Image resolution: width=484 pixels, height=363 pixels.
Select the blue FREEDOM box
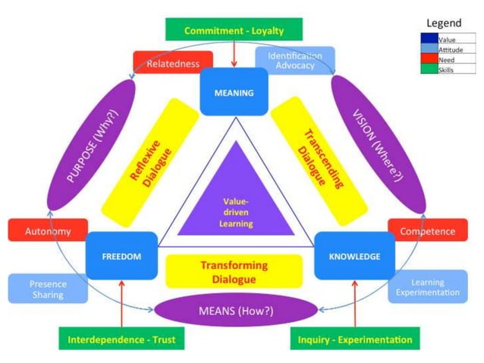[121, 256]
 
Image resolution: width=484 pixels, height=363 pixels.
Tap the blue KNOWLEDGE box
[354, 256]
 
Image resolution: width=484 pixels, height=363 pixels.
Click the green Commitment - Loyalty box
[234, 30]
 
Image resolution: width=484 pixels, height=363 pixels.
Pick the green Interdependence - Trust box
[121, 339]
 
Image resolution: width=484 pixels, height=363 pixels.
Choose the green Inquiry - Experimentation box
[354, 339]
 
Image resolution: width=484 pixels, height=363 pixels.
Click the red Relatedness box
[172, 64]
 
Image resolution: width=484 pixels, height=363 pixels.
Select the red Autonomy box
[47, 231]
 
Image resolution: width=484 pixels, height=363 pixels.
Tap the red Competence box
[427, 231]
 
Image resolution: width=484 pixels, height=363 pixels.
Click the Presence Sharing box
[47, 289]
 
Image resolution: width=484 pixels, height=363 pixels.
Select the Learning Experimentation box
[427, 287]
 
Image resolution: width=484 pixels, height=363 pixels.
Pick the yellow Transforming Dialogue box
[234, 271]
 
